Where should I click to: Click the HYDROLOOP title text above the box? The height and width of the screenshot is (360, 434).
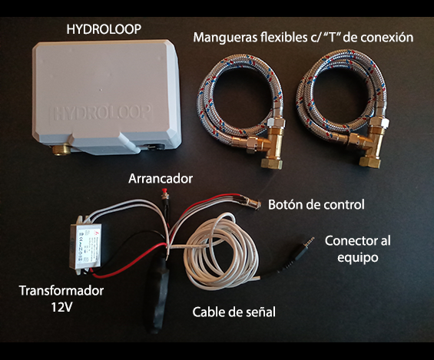point(104,29)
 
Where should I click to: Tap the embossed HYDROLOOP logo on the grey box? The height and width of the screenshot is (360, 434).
point(101,113)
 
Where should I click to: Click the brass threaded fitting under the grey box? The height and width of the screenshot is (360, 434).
point(61,150)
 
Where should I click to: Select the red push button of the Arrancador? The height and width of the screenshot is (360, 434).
point(164,191)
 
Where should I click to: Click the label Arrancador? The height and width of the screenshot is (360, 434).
point(161,179)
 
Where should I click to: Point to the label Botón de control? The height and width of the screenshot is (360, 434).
point(316,205)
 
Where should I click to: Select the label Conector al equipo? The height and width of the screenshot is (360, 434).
point(358,249)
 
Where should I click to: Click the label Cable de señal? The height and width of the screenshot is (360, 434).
point(234,312)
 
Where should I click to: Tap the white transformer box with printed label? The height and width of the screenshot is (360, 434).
point(85,246)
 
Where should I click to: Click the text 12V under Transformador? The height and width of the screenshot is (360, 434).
point(61,307)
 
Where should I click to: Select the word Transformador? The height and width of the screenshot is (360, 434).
point(61,291)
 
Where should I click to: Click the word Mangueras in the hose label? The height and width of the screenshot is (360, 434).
point(226,38)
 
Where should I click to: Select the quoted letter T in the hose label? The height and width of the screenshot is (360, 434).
point(330,37)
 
